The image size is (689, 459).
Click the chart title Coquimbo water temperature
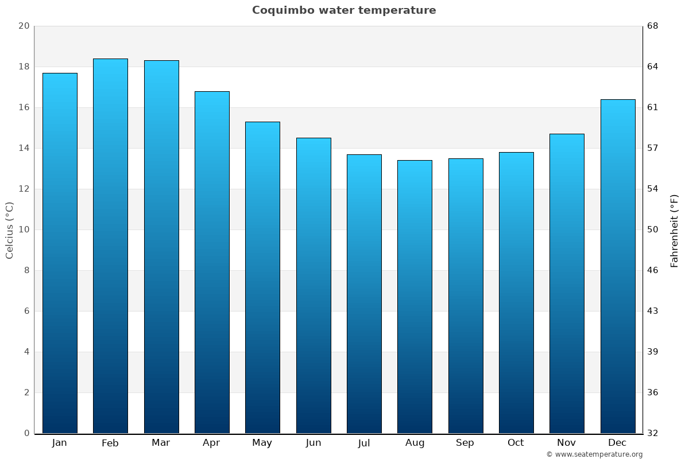tap(344, 10)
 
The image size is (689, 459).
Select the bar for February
tap(110, 247)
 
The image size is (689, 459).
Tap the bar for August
tap(415, 297)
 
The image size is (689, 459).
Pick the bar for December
tap(618, 267)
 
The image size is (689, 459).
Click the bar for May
tap(262, 278)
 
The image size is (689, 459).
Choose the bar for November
tap(567, 284)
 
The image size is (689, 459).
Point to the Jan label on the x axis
tap(59, 443)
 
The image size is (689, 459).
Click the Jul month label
tap(364, 443)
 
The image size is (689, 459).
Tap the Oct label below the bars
tap(516, 443)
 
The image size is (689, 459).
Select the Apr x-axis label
tap(211, 443)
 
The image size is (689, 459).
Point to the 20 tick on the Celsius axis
tap(24, 26)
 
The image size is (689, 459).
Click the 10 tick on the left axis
tap(24, 229)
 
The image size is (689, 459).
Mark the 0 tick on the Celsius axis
tap(26, 433)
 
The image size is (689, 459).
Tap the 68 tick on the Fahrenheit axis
tap(653, 26)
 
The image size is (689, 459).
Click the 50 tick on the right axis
tap(653, 229)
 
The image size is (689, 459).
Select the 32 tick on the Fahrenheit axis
tap(653, 433)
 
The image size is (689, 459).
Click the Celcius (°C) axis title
tap(10, 230)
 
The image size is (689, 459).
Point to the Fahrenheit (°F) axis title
tap(674, 230)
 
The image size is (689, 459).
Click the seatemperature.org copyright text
tap(594, 454)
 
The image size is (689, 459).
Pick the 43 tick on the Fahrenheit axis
tap(653, 311)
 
